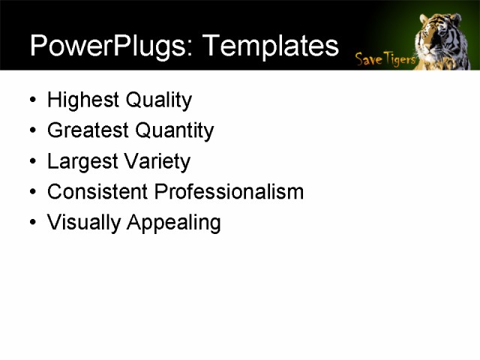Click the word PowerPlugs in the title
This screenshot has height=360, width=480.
coord(109,46)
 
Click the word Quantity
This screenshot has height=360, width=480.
coord(172,131)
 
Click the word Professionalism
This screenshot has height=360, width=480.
coord(229,192)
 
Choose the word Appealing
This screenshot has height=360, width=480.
coord(173,223)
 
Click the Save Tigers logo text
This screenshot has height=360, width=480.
coord(385,58)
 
